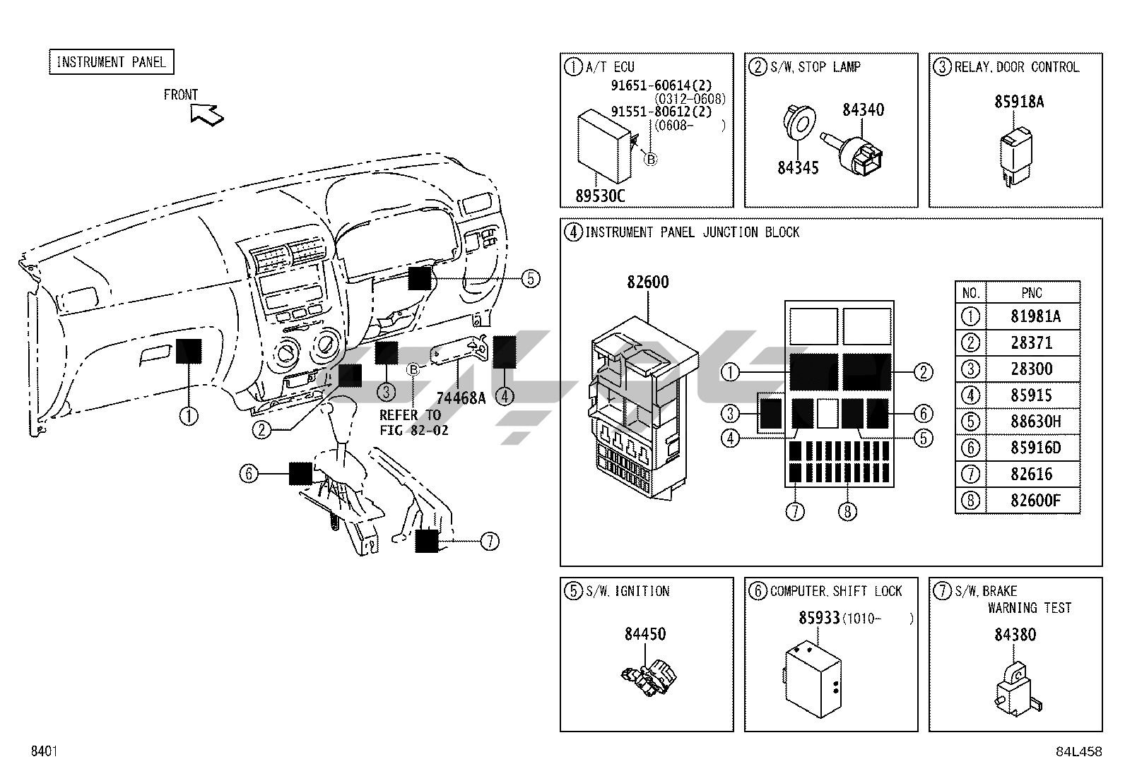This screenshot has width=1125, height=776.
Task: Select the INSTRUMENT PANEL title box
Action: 111,62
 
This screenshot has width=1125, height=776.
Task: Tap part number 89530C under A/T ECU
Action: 600,196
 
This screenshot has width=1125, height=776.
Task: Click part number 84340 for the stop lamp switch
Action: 863,110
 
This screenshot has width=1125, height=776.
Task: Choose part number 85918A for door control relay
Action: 1019,102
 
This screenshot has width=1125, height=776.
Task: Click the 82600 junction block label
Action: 647,282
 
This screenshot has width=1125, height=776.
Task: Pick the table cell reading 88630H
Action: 1035,422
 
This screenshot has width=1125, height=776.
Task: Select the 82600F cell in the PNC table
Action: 1035,501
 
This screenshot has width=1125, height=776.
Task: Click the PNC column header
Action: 1032,292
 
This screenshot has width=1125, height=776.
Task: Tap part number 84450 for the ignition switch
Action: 644,634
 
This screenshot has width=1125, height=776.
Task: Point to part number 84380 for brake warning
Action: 1015,635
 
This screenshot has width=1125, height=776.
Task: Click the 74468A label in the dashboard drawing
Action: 461,398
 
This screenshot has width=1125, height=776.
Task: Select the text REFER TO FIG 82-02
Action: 413,422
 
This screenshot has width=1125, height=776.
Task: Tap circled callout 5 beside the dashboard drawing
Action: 531,279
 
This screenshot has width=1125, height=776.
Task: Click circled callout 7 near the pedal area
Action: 489,542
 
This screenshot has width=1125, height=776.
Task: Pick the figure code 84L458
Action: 1078,751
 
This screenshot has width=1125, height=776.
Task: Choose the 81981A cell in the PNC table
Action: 1035,316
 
